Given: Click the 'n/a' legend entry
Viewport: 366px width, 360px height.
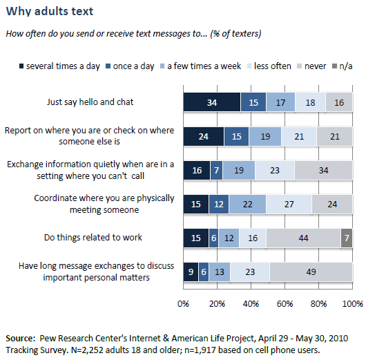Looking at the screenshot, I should click(344, 66).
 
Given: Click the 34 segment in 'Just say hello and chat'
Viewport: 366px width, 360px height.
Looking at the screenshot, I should click(211, 102).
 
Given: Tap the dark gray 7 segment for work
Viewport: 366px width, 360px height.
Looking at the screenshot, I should click(347, 237).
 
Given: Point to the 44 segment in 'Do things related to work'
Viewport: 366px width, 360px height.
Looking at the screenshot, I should click(303, 237).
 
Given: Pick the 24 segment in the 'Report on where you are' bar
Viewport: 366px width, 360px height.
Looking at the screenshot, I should click(203, 136).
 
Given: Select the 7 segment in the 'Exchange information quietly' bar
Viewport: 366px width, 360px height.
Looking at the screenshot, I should click(216, 170).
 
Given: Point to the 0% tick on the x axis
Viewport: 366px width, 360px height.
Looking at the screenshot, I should click(184, 303).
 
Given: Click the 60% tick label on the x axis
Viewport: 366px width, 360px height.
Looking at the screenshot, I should click(285, 303).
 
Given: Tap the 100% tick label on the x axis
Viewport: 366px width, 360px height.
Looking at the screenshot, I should click(351, 303).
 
